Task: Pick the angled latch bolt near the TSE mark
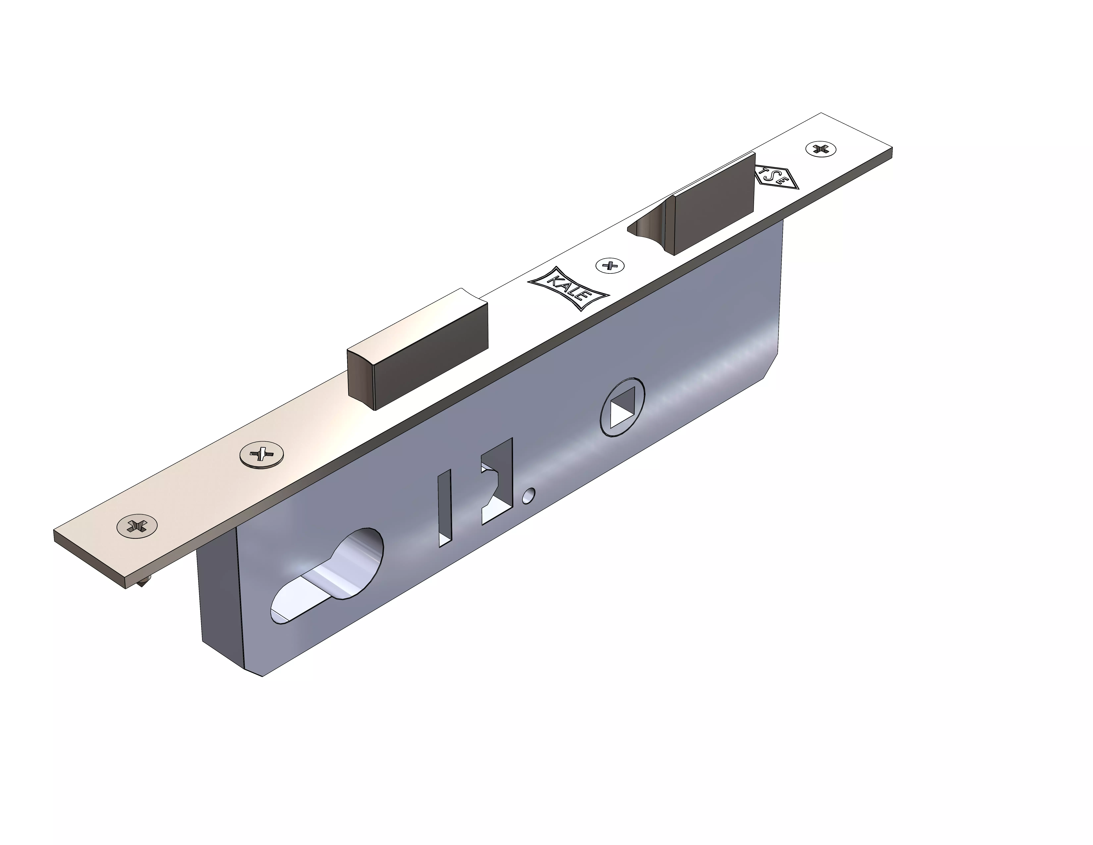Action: pos(713,205)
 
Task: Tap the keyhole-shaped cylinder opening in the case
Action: pos(330,576)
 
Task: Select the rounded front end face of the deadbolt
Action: pos(361,375)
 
